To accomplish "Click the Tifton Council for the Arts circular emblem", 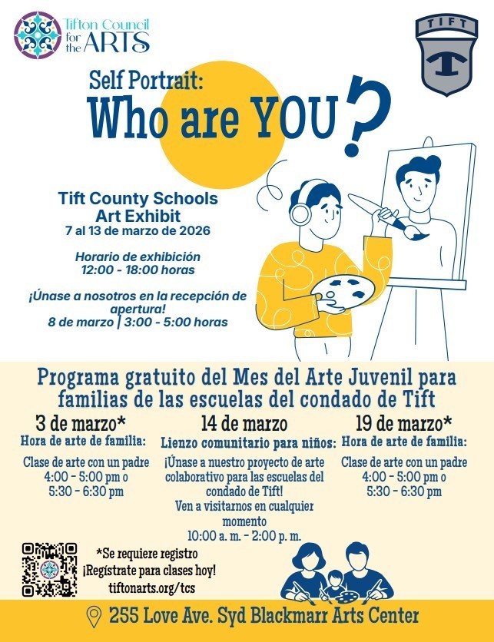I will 38,35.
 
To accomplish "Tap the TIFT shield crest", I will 446,56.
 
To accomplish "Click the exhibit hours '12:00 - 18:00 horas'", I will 138,270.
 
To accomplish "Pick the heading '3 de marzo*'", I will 81,423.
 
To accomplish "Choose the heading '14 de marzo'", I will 244,424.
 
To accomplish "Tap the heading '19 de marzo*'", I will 403,423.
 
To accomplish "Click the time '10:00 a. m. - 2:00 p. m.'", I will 244,535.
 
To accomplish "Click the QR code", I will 50,570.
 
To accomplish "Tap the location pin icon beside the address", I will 94,616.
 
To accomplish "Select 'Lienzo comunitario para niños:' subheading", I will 248,443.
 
